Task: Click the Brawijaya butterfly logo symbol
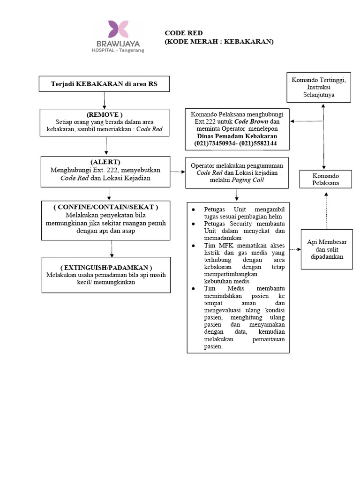[118, 29]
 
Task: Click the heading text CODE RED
[184, 33]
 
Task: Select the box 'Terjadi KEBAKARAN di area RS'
[104, 84]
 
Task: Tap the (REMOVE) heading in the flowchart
[105, 114]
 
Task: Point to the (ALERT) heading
[108, 162]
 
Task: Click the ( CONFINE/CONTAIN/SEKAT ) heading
[106, 207]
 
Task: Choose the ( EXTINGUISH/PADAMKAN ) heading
[106, 267]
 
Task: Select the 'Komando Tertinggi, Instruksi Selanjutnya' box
[319, 88]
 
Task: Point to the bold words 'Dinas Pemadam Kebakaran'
[237, 136]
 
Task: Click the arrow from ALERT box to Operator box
[178, 172]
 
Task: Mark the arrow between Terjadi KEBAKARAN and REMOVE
[104, 100]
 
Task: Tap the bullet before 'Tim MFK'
[193, 246]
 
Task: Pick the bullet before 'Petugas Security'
[193, 224]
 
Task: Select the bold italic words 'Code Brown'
[250, 121]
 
